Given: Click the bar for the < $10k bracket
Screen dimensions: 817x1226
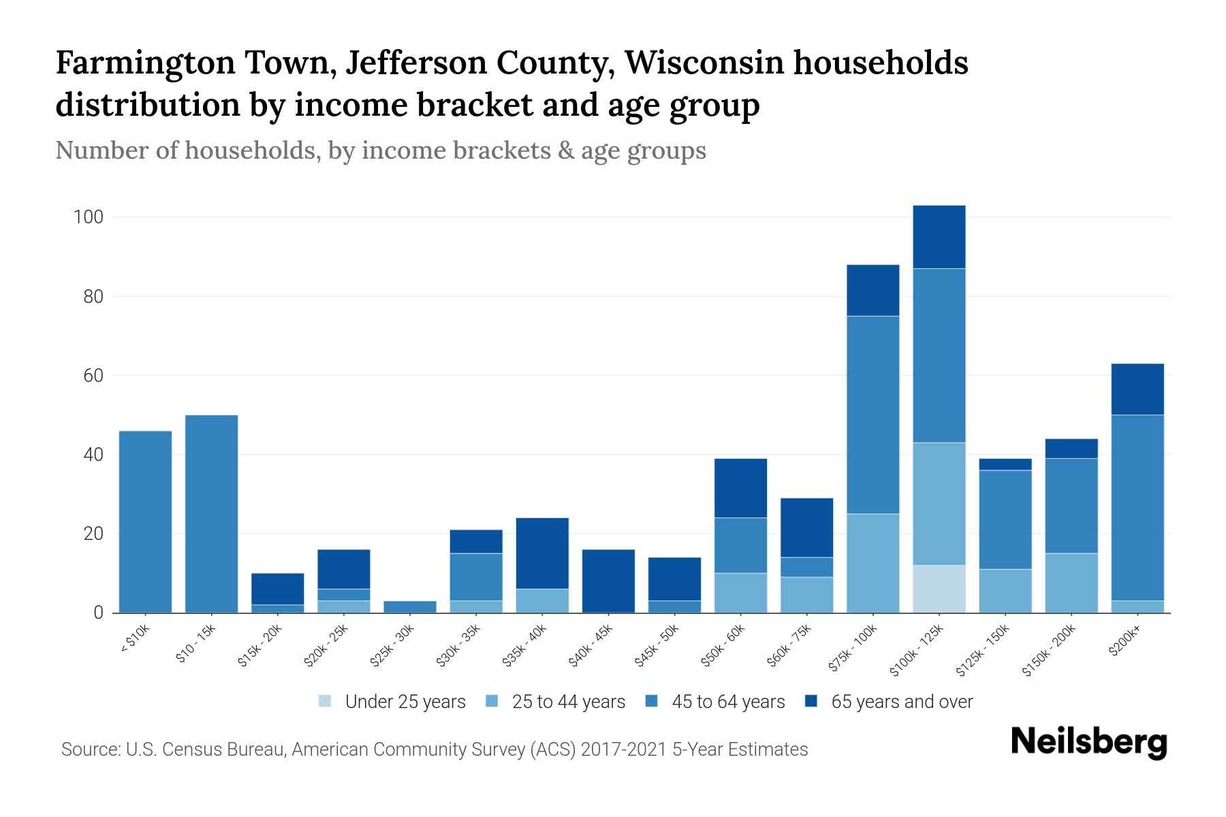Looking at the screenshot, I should coord(145,522).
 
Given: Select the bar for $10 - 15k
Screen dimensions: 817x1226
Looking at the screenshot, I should coord(211,514).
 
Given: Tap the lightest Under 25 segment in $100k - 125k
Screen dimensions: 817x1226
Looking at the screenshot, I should coord(939,589).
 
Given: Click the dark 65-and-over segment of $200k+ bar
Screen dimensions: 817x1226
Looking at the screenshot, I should coord(1137,389).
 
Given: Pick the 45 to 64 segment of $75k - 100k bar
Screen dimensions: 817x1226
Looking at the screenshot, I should coord(873,415).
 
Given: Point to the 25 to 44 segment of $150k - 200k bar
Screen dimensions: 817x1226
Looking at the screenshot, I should coord(1071,583).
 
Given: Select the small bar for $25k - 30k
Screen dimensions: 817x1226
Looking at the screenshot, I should coord(410,607).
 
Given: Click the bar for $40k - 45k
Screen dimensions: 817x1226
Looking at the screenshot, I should coord(608,581).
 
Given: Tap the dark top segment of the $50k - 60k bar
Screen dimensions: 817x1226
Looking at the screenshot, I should coord(740,488).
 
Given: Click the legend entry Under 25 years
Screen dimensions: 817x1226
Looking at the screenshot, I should coord(392,702).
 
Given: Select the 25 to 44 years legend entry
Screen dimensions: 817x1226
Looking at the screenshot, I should coord(556,702).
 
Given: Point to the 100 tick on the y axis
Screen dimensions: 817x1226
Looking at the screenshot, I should coord(89,218).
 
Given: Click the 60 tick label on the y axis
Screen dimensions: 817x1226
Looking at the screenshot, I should coord(93,376).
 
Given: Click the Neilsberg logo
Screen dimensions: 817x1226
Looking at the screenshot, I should coord(1088,742).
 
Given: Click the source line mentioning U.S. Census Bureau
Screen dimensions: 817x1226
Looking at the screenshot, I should coord(435,750).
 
